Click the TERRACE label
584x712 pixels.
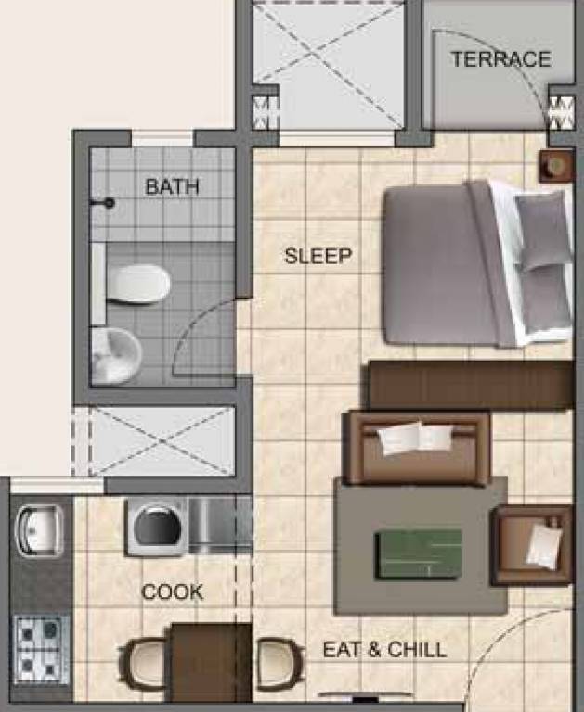point(500,59)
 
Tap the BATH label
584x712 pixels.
point(172,186)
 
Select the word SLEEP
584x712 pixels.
point(318,256)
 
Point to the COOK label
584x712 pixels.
point(172,591)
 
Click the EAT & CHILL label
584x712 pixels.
point(384,650)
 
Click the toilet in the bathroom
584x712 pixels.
point(136,284)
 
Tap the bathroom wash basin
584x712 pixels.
point(115,353)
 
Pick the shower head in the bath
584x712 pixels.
point(108,203)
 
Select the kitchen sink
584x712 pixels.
point(39,529)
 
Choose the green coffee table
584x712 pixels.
point(418,553)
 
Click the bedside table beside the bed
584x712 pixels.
point(556,166)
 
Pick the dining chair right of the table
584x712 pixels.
point(279,664)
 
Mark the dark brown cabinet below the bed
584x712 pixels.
point(470,384)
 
